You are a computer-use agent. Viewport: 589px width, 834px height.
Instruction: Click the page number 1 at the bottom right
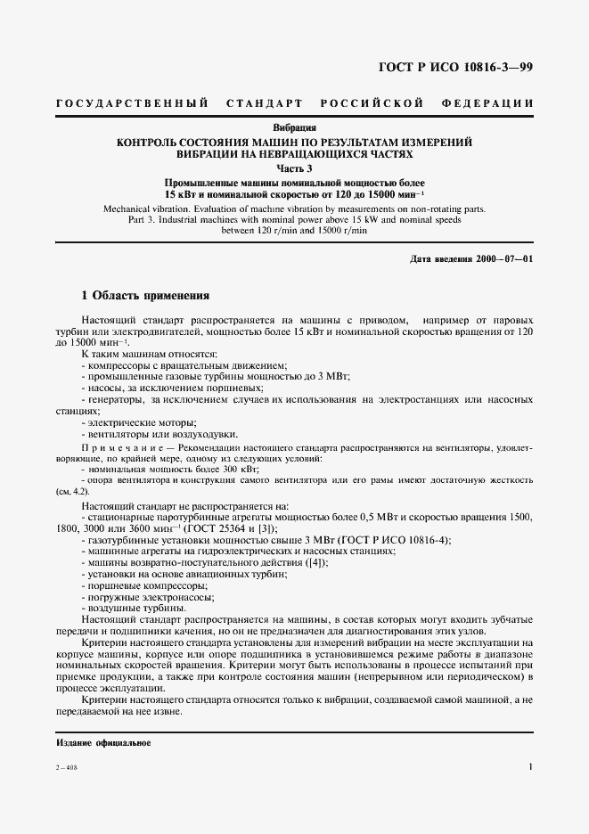pos(530,766)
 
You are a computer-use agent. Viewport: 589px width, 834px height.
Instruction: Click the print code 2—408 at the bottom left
pos(67,767)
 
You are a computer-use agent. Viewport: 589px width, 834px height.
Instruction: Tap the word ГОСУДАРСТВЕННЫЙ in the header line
pos(132,103)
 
